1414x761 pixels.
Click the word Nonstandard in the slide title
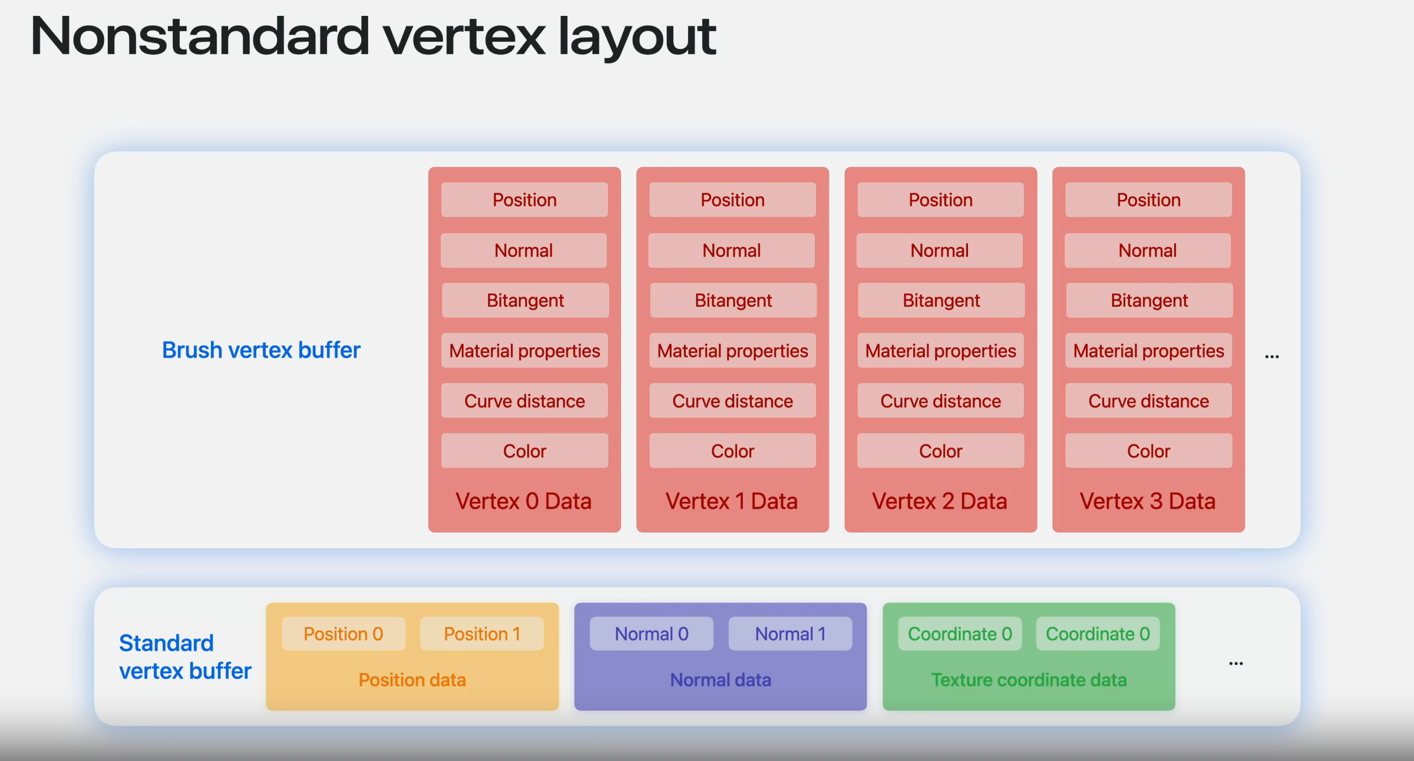(200, 37)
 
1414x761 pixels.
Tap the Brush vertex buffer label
(261, 350)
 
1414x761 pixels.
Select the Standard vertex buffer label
(185, 657)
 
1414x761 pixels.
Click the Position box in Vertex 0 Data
(524, 200)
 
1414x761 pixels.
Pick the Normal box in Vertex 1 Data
(732, 250)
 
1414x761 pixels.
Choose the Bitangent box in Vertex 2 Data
(941, 300)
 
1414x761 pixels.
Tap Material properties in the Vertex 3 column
(1148, 350)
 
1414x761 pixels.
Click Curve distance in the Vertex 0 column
(524, 401)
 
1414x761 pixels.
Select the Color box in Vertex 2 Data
(940, 451)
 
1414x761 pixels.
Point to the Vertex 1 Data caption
(732, 501)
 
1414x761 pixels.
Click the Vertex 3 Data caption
(1148, 501)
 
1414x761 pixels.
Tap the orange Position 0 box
(343, 634)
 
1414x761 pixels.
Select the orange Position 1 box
(482, 634)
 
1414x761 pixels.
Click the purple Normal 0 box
(652, 634)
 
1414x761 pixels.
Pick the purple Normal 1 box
(791, 634)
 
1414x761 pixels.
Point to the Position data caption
(412, 680)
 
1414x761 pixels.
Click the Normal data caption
(721, 680)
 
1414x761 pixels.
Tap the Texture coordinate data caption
(1029, 680)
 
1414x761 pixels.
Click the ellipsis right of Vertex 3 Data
(1272, 356)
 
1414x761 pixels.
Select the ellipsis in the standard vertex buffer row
(1236, 663)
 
